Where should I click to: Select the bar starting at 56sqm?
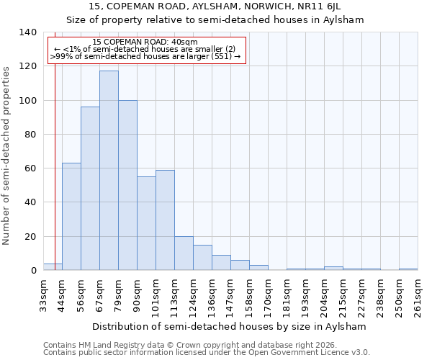90,189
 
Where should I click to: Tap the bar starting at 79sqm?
127,185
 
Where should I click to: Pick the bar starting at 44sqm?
71,217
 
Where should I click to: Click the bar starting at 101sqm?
165,220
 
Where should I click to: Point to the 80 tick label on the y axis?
30,135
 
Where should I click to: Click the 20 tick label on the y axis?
30,237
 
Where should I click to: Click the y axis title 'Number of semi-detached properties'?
7,155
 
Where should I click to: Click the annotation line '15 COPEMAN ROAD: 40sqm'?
145,42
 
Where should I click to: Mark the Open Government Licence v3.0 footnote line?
207,353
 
